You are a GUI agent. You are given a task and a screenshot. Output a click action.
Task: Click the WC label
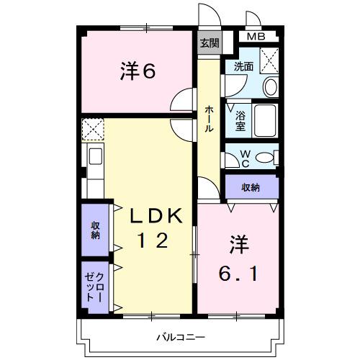pos(244,158)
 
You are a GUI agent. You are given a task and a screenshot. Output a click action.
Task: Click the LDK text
pos(159,215)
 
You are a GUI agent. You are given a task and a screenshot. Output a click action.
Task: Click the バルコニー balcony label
pos(181,337)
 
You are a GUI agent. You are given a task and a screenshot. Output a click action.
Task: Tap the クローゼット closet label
pos(94,287)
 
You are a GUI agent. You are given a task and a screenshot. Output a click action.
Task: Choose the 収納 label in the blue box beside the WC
pos(251,188)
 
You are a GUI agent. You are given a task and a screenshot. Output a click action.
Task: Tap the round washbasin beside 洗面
pos(270,87)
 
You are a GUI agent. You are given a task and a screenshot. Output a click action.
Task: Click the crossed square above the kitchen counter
pos(93,130)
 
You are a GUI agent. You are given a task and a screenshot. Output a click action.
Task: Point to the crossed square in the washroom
pos(269,58)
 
